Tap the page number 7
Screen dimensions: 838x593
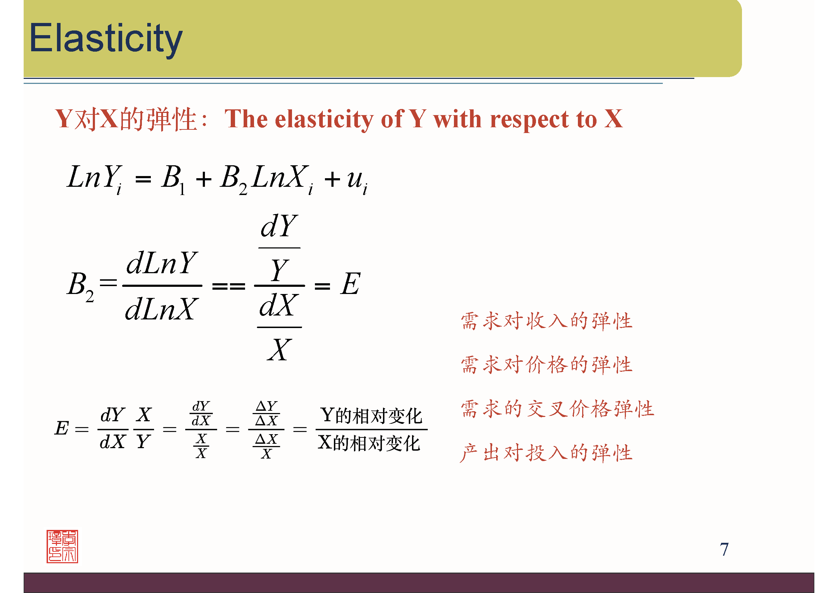point(724,549)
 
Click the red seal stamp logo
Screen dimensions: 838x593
point(62,546)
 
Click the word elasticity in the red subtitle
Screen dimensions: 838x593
point(324,119)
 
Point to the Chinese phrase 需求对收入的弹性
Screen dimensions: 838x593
point(546,321)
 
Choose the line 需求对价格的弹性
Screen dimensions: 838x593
point(546,365)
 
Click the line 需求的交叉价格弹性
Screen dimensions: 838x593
point(557,409)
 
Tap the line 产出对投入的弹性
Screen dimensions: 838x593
point(546,453)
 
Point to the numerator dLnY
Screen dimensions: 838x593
point(162,262)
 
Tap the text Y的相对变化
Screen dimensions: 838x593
point(371,415)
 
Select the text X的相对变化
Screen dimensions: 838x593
point(369,443)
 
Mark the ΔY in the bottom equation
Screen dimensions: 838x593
point(267,406)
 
